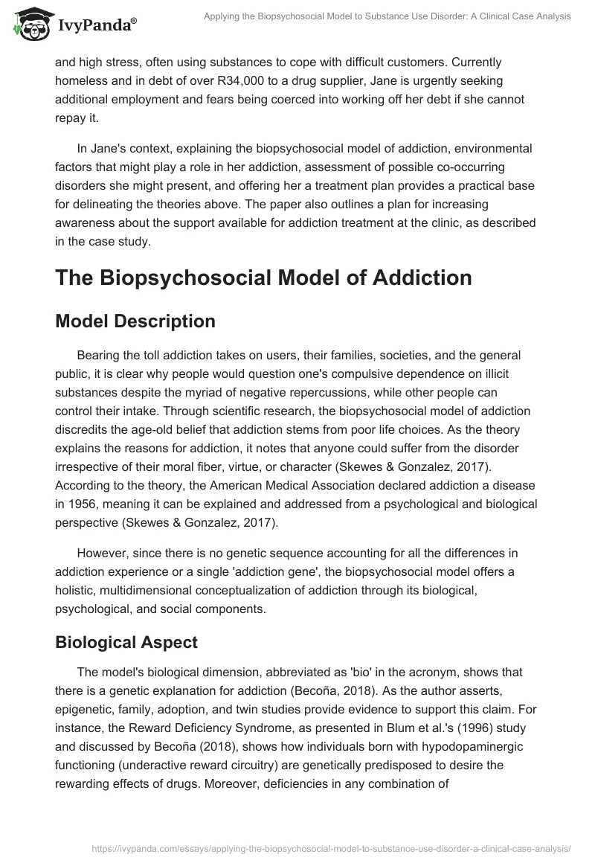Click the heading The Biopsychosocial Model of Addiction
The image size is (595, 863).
pos(263,277)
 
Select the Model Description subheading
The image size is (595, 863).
pos(135,321)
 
